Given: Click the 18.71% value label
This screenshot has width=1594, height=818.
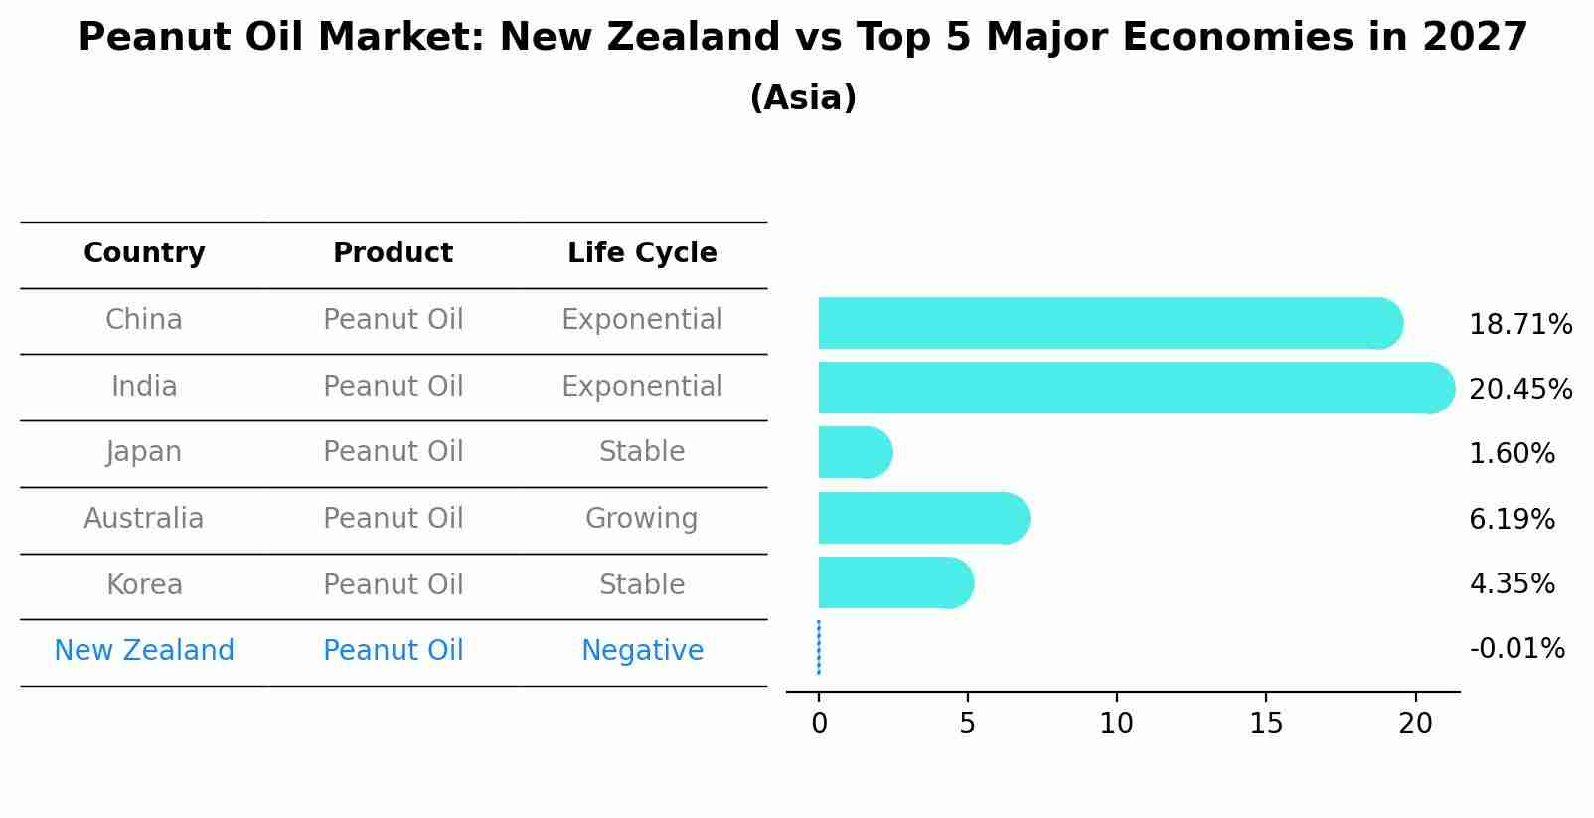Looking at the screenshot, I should click(1519, 325).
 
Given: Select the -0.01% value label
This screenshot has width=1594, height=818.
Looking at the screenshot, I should click(1516, 649).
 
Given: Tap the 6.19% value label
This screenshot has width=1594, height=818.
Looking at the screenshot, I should click(1512, 519).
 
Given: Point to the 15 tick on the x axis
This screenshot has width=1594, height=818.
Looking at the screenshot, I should click(1266, 723).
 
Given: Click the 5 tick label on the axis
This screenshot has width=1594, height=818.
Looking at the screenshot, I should click(967, 723).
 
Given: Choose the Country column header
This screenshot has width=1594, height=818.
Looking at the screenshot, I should click(144, 253).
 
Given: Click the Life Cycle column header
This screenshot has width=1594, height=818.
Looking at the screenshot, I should click(642, 253).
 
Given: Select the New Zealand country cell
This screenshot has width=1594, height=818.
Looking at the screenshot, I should click(144, 651).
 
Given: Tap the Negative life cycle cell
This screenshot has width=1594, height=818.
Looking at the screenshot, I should click(642, 651).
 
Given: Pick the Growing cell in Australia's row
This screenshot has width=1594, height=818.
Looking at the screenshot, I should click(642, 519).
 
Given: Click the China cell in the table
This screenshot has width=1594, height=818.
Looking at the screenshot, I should click(144, 320).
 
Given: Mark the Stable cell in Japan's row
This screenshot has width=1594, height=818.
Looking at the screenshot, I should click(642, 452).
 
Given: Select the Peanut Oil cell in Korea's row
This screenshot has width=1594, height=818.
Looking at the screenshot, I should click(394, 584).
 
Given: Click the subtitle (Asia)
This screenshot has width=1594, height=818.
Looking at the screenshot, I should click(803, 98).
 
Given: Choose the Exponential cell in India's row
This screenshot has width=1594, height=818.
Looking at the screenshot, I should click(642, 387).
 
